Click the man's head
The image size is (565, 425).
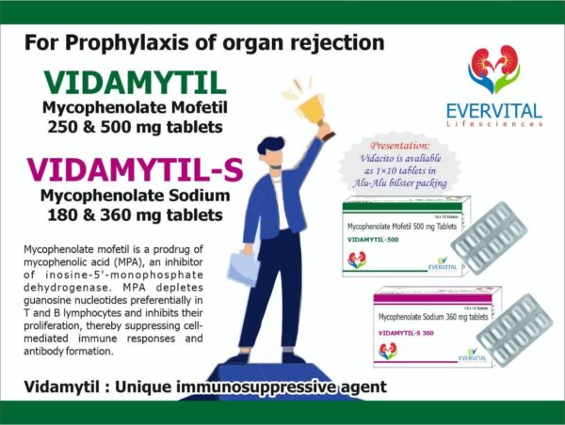(x=274, y=150)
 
